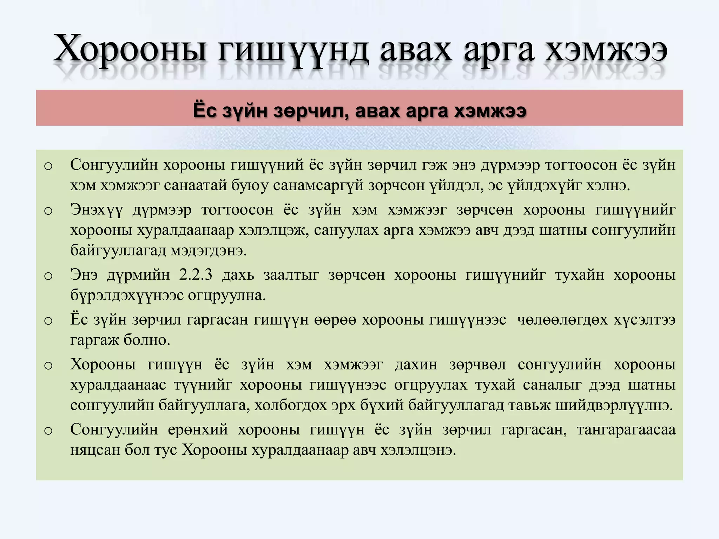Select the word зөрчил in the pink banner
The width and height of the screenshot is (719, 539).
(311, 111)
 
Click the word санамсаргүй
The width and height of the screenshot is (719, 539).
(318, 185)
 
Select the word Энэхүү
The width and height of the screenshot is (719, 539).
(97, 210)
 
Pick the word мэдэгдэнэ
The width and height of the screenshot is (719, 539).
(209, 251)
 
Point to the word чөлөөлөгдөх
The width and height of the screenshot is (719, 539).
(562, 320)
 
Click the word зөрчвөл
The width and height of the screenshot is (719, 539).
(477, 365)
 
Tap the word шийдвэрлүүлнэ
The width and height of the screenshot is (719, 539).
(614, 405)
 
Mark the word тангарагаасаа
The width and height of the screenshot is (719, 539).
(626, 430)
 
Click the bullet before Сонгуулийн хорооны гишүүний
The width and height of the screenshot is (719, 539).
(48, 166)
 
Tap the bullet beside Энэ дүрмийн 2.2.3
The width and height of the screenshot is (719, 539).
(48, 276)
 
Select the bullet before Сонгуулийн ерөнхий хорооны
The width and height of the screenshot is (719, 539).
(48, 431)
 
